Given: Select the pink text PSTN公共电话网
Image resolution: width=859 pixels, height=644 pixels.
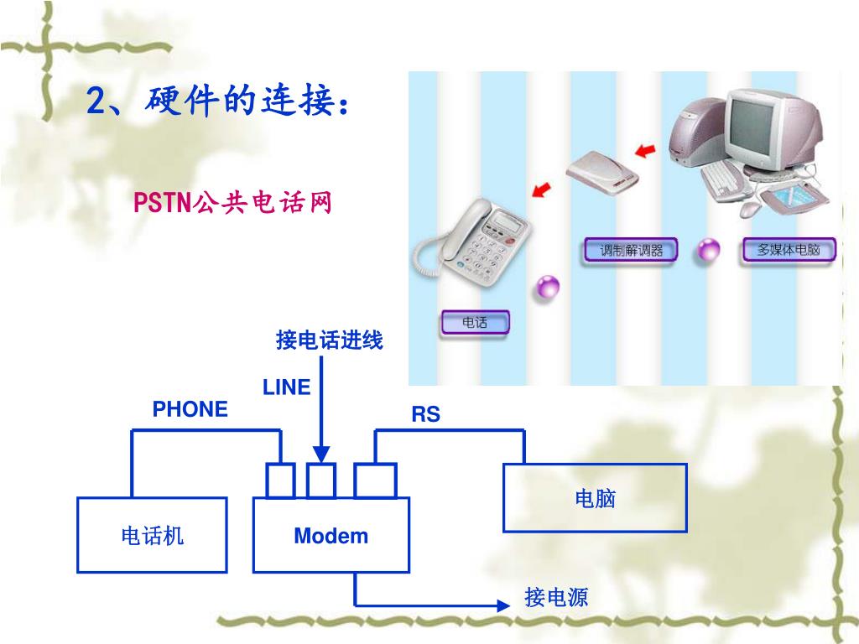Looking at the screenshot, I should click(x=234, y=202).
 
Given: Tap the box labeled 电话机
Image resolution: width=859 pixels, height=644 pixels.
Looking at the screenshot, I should click(x=152, y=535).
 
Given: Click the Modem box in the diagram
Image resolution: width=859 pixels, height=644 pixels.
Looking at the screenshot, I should click(x=331, y=535).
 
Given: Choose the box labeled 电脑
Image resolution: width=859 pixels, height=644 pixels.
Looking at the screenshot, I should click(x=595, y=498).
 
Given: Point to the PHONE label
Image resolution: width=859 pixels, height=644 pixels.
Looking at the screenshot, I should click(x=190, y=409).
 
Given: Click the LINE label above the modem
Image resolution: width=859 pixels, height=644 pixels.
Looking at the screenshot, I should click(x=286, y=387).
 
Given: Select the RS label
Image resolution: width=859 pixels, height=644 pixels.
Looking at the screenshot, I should click(x=425, y=414).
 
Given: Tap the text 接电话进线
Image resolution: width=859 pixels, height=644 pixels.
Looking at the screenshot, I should click(x=329, y=340).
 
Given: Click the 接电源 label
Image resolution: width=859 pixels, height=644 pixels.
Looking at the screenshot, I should click(x=556, y=597).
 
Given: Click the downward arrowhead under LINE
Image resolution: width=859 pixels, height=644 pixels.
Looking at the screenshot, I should click(x=321, y=454).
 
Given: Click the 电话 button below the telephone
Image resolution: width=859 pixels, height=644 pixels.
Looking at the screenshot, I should click(x=475, y=322).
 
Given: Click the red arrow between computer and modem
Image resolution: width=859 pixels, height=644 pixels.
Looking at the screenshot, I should click(x=644, y=151).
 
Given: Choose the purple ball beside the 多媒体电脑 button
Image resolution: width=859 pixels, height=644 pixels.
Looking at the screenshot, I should click(x=709, y=249).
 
